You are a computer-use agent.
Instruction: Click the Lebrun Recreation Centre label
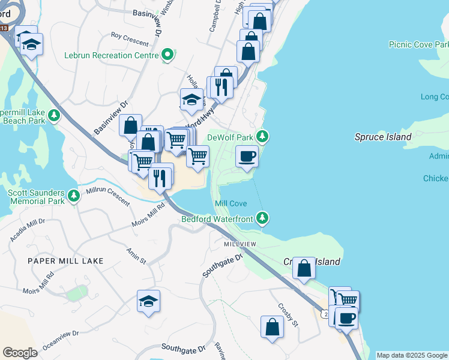[x=112, y=55]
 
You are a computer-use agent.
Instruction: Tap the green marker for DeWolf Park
[x=262, y=136]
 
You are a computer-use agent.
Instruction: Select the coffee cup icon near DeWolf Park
[x=247, y=157]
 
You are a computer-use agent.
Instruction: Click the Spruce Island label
[x=383, y=137]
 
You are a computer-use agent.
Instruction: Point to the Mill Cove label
[x=231, y=204]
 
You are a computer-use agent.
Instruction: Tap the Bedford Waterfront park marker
[x=262, y=218]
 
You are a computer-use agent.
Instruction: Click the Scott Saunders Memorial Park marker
[x=73, y=196]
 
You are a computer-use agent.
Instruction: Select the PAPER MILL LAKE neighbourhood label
[x=65, y=261]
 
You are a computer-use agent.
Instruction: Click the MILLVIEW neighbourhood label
[x=240, y=245]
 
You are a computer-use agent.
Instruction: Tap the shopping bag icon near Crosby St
[x=272, y=328]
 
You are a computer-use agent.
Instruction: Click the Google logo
[x=20, y=353]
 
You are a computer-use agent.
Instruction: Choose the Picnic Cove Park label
[x=418, y=44]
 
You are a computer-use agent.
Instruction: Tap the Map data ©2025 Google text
[x=412, y=355]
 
